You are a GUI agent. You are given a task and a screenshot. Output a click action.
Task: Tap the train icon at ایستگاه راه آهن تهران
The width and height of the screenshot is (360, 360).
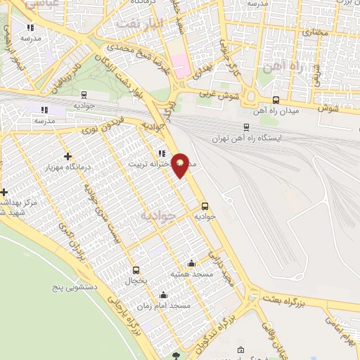click(245, 127)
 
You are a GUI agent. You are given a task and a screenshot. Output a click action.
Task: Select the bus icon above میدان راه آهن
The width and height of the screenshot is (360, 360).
click(275, 101)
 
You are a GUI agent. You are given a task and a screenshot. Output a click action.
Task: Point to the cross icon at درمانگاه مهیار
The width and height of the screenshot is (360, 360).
click(67, 156)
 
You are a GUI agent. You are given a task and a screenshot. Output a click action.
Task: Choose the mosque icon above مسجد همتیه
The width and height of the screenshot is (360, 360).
click(172, 262)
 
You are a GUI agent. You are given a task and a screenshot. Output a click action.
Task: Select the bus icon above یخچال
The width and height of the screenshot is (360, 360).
click(136, 269)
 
